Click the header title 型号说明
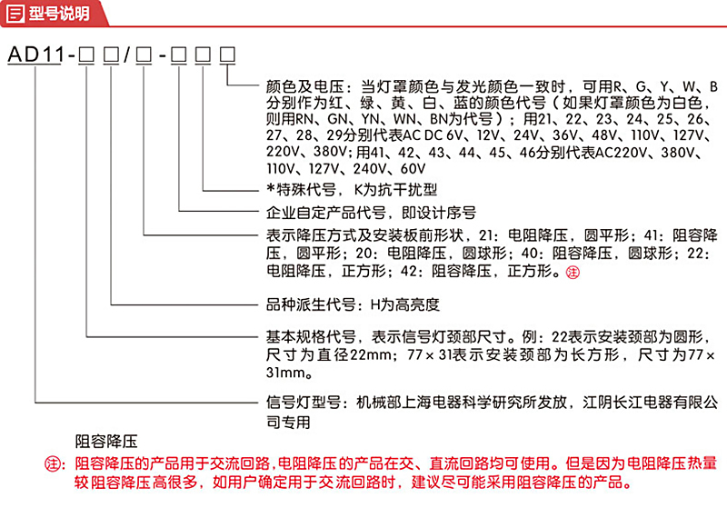tap(59, 14)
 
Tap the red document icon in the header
tap(15, 14)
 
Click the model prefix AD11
tap(35, 55)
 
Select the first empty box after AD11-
tap(86, 55)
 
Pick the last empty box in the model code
tap(227, 55)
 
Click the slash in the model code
tap(127, 55)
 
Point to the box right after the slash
tap(144, 55)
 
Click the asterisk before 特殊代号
tap(271, 189)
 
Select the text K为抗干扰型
tap(395, 190)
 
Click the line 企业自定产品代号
tap(326, 213)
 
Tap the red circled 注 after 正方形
tap(573, 273)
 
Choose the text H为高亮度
tap(404, 304)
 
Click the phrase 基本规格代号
tap(311, 337)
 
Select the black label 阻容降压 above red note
tap(106, 441)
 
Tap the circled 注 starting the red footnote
tap(53, 463)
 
